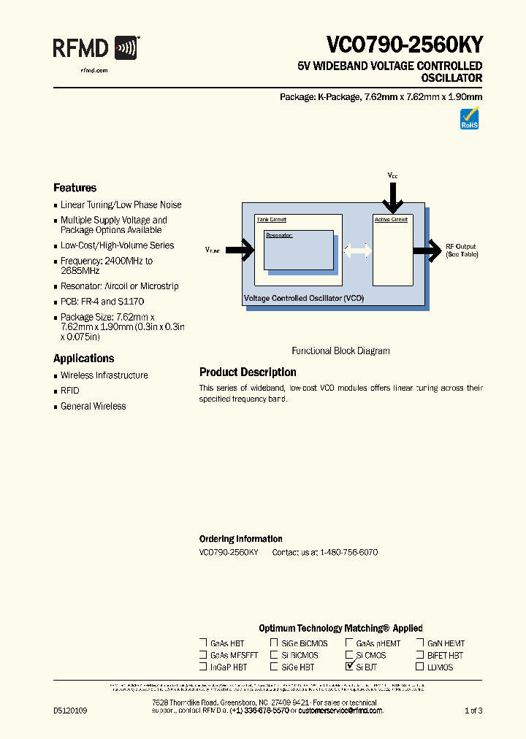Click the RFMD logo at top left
coord(96,49)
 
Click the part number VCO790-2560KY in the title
coord(404,45)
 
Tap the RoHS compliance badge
coord(469,119)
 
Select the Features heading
coord(75,188)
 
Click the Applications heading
coord(83,359)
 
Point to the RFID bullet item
coord(69,391)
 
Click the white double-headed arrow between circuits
coord(357,250)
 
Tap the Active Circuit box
coord(392,250)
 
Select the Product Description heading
coord(248,372)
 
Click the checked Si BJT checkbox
coord(349,667)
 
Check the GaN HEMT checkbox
coord(420,643)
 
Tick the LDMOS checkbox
coord(420,667)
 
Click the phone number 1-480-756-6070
coord(348,553)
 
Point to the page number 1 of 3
coord(473,711)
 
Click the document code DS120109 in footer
coord(70,711)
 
